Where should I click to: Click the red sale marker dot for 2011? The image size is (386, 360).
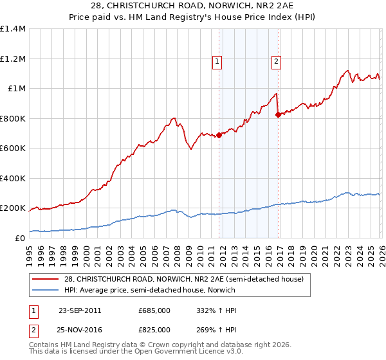coord(219,135)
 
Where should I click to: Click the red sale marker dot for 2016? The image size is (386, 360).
coord(278,115)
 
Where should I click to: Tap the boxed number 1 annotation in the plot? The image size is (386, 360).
coord(217,62)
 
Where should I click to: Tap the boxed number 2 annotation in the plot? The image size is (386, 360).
coord(276,62)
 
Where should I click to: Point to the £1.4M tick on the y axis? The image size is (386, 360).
coord(13,29)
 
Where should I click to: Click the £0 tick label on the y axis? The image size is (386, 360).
coord(19,238)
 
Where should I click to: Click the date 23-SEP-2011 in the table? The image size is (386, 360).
coord(80,310)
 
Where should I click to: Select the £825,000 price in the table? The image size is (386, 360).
coord(154,329)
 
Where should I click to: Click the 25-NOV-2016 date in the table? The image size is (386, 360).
coord(80,329)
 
